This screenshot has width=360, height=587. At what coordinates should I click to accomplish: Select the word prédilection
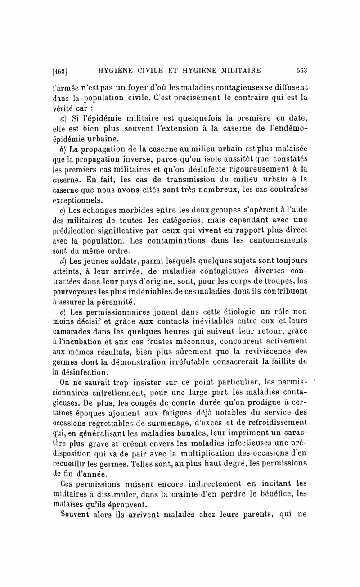click(72, 231)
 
